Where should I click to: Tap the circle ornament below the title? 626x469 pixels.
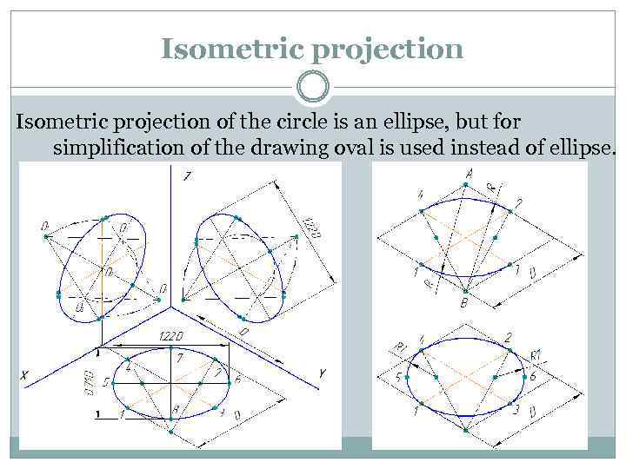click(312, 88)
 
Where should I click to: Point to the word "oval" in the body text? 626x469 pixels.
click(352, 148)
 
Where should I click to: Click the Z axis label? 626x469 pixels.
click(187, 176)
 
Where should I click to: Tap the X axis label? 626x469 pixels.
click(25, 376)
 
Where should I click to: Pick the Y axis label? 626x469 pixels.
click(322, 373)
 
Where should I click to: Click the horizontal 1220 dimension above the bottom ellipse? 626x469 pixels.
click(170, 336)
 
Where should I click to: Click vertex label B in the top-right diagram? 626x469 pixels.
click(464, 303)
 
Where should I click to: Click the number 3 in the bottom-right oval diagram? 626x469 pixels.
click(516, 409)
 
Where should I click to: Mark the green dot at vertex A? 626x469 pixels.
click(469, 184)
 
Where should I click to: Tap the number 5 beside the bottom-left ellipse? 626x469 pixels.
click(105, 381)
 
